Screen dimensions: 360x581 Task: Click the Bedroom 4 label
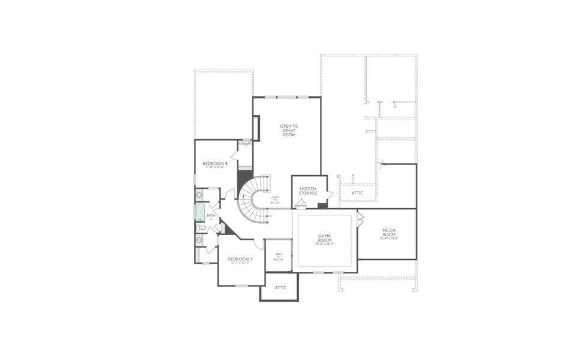point(214,163)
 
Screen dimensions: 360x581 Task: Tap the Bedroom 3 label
point(240,259)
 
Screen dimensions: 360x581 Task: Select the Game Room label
point(324,238)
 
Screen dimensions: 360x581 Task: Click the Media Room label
point(389,232)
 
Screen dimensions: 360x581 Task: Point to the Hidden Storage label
point(308,191)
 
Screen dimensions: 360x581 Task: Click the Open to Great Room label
point(289,130)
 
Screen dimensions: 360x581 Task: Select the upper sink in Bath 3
point(199,195)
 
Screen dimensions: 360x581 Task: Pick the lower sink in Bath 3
point(199,240)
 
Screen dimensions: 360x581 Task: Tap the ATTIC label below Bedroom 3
point(280,287)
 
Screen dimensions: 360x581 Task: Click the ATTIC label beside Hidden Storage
point(357,193)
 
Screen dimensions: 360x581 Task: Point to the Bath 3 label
point(211,217)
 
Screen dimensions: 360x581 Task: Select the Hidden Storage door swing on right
point(330,194)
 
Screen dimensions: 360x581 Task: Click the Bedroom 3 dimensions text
point(240,263)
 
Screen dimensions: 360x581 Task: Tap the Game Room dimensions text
point(324,244)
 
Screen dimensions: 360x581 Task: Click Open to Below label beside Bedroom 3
point(278,257)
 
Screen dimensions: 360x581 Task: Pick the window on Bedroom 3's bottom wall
point(241,286)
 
